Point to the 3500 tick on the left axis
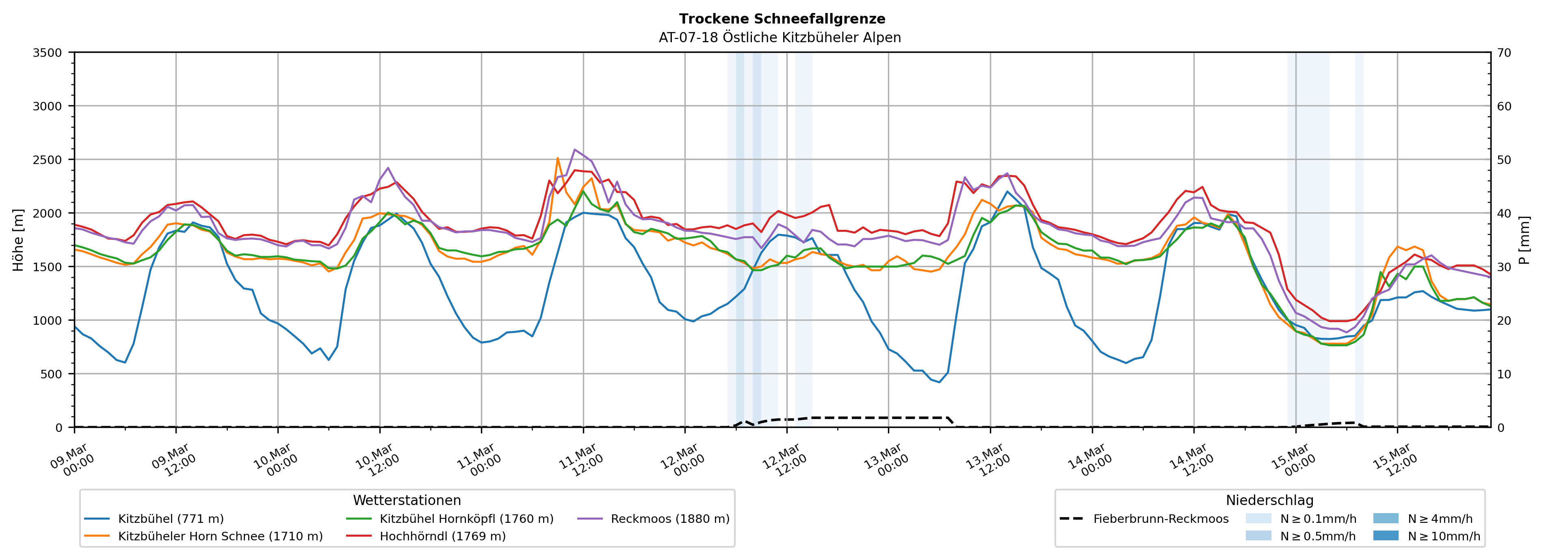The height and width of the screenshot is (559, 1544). [48, 53]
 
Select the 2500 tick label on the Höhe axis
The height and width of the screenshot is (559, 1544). [48, 160]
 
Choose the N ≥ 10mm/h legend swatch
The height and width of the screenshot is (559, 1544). [1386, 535]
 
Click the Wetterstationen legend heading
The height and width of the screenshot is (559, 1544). [407, 500]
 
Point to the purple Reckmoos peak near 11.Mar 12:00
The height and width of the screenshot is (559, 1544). [575, 150]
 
